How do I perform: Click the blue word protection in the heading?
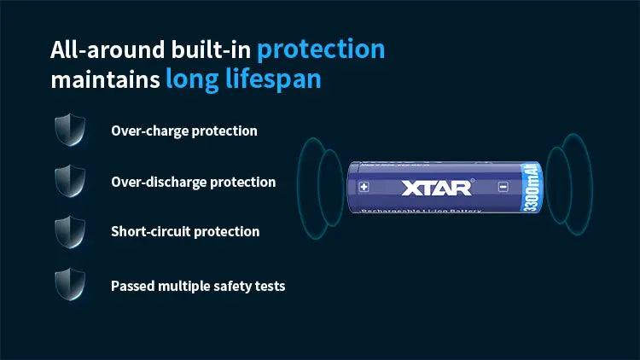click(321, 49)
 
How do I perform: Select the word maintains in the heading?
click(104, 80)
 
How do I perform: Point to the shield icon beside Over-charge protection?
click(69, 131)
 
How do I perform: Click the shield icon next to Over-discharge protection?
click(69, 181)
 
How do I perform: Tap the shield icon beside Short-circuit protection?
click(69, 231)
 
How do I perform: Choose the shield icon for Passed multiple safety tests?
click(69, 285)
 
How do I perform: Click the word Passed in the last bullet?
click(132, 286)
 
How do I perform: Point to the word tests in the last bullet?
click(269, 286)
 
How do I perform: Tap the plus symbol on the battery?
click(364, 187)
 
